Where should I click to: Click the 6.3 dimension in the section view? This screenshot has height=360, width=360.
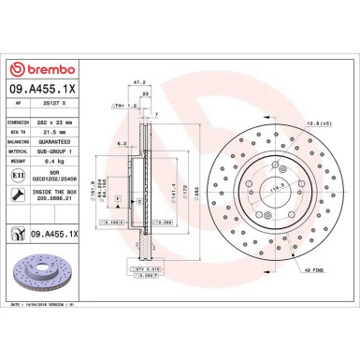122,143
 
